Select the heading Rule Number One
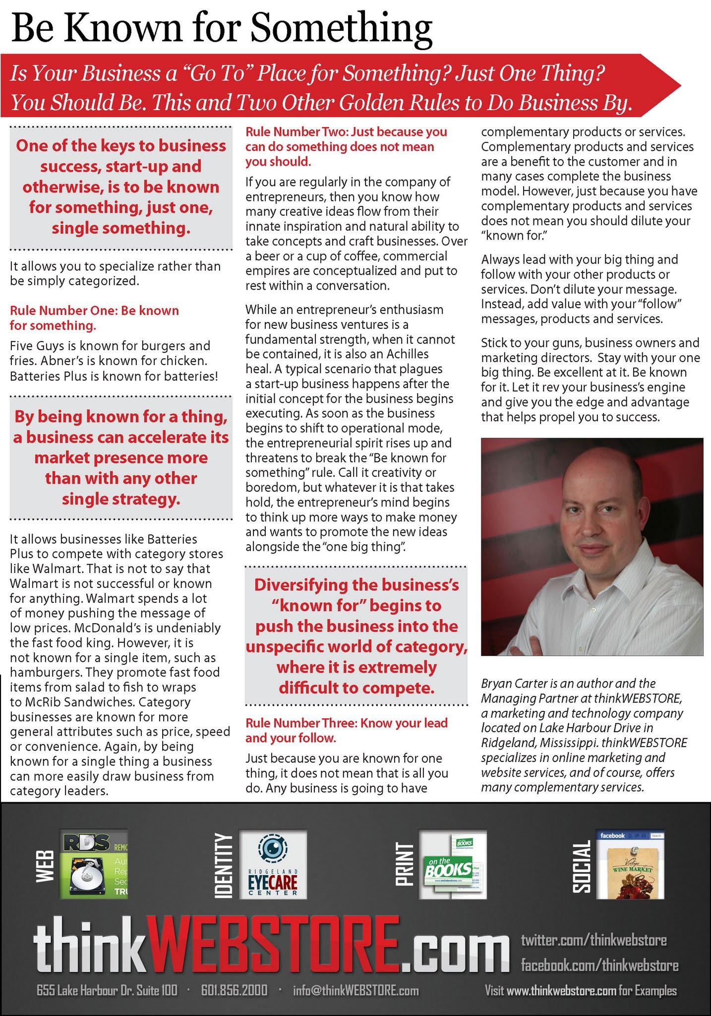click(x=94, y=318)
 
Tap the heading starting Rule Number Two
click(x=346, y=146)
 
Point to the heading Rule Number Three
click(x=346, y=730)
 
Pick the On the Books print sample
click(x=453, y=865)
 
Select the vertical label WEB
click(x=45, y=866)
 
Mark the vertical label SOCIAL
click(x=582, y=866)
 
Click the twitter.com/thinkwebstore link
click(x=593, y=940)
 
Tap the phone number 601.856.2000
click(x=234, y=991)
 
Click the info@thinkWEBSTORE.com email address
click(x=355, y=991)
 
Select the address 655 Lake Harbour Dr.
click(x=107, y=991)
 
